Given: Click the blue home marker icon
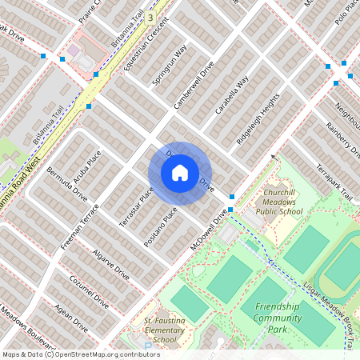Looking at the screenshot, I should (x=179, y=173).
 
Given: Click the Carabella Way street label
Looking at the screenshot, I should (x=231, y=96).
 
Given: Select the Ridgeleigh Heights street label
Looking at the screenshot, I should (x=258, y=118).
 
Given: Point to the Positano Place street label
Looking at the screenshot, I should (x=160, y=226).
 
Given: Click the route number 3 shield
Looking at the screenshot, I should (x=150, y=16).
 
